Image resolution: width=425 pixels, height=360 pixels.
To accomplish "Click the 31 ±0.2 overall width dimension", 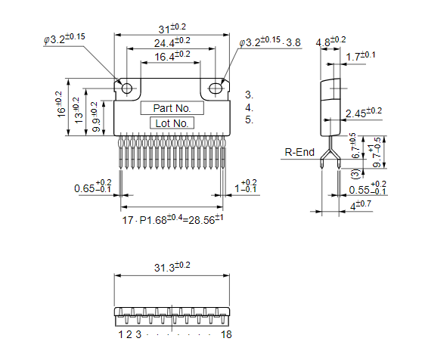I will tap(173, 29).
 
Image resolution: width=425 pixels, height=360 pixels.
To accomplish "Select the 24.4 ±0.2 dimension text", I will tap(173, 43).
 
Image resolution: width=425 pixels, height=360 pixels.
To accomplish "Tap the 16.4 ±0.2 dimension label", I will tap(173, 57).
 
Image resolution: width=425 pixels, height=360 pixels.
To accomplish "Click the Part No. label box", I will tap(172, 108).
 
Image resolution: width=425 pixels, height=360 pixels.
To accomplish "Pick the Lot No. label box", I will tap(172, 123).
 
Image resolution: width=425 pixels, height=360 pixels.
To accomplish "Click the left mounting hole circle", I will tap(126, 88).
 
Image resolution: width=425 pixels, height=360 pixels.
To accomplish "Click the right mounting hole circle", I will tap(216, 88).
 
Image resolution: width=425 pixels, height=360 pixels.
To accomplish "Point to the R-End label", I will tap(299, 152).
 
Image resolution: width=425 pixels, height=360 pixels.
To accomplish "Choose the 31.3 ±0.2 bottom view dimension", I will tap(172, 268).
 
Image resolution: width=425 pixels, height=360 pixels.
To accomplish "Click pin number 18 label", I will tap(225, 334).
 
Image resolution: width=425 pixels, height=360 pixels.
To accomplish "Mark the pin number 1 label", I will tap(120, 334).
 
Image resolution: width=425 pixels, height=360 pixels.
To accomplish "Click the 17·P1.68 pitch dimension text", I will tap(173, 219).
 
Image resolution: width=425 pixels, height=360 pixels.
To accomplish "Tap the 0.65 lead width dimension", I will tap(92, 187).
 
